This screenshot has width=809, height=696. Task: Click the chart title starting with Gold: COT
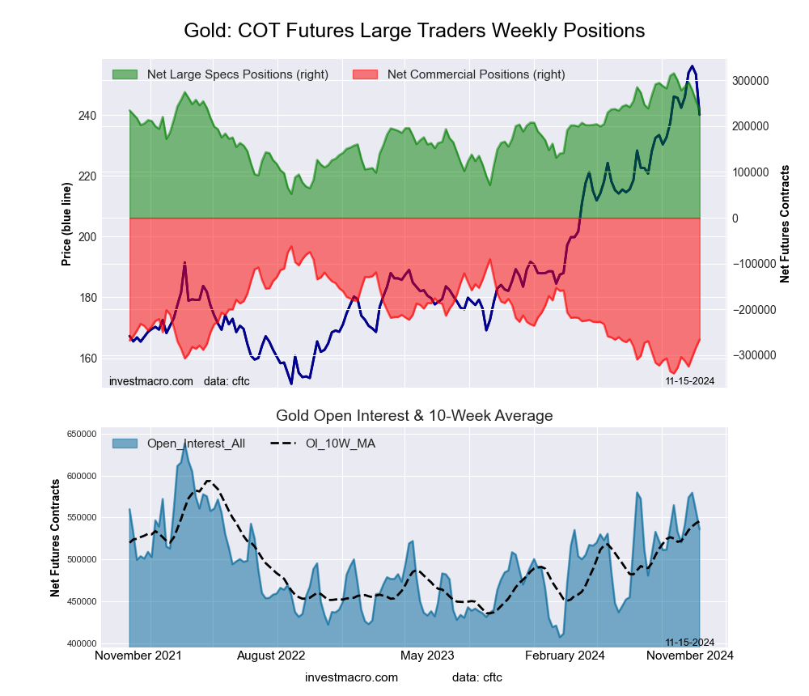point(413,31)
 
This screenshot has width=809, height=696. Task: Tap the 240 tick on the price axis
point(87,116)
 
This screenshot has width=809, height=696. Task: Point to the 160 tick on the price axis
point(87,359)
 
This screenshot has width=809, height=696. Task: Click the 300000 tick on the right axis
point(749,81)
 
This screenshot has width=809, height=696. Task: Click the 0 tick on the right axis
point(735,219)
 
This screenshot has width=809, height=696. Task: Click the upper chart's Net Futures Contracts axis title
point(785,223)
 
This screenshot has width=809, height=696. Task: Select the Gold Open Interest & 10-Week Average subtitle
point(414,416)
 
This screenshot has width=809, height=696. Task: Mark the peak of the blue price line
point(692,66)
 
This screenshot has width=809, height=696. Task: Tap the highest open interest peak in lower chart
point(185,443)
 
